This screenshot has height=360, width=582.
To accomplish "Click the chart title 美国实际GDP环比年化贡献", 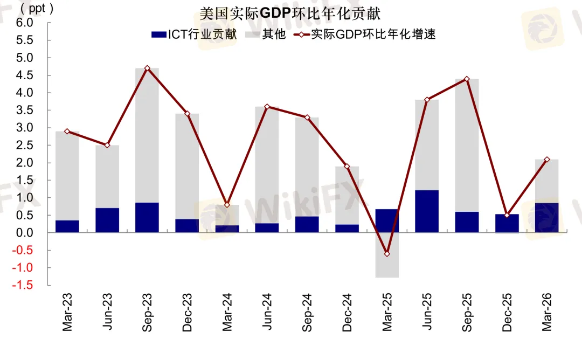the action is coord(290,13).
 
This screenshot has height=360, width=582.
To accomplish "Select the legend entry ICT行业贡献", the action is coord(194,34).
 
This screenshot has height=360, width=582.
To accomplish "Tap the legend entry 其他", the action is coord(266,34).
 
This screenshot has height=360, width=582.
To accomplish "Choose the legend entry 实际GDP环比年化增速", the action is coord(364,34).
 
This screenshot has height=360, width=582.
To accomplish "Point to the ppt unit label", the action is coord(37,8).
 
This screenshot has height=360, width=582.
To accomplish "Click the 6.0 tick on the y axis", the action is coord(24,23).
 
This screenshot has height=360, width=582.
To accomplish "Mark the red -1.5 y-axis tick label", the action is coord(23,285).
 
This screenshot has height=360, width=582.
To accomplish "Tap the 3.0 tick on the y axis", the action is coord(24,128).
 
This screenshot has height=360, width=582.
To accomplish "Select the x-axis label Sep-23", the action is coord(147,312).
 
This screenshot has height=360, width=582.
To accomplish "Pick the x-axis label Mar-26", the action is coord(547,312).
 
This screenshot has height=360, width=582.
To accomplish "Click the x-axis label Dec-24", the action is coord(347,312).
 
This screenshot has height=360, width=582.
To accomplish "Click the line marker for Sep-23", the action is coord(147,68).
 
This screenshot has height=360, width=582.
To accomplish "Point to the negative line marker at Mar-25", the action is coord(387,254).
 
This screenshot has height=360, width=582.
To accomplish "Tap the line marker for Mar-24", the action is coord(227,205).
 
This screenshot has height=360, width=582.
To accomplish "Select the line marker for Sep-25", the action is coord(467,79).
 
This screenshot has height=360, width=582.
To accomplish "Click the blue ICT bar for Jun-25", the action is coord(427,212).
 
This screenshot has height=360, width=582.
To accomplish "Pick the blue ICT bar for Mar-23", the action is coord(67,226).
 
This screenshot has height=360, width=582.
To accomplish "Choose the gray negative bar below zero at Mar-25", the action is coord(387,255).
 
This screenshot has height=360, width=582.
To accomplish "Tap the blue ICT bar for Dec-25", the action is coord(507,224).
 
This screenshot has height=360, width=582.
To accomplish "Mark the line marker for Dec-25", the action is coord(507,215).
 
